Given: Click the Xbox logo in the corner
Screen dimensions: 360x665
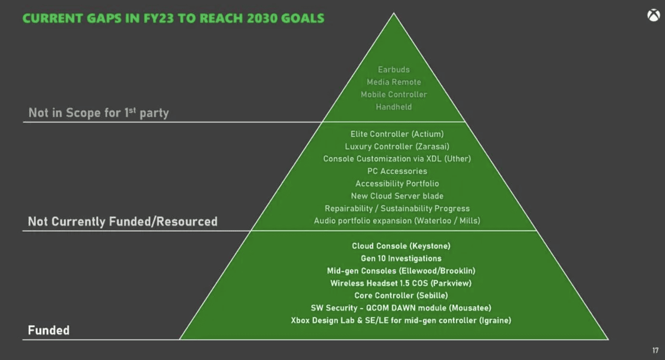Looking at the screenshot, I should click(x=653, y=16).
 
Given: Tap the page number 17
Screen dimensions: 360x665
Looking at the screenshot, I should click(x=655, y=350).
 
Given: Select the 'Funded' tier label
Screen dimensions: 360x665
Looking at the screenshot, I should click(x=49, y=330).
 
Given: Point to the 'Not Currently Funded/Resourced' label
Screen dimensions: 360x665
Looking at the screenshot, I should click(x=122, y=221).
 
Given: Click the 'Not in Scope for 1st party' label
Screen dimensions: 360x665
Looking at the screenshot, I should click(x=98, y=112).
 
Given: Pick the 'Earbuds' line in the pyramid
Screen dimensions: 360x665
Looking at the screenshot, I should click(x=393, y=70).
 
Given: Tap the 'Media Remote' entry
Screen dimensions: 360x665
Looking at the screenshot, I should click(x=393, y=82).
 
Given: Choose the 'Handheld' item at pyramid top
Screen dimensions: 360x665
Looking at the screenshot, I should click(x=393, y=107).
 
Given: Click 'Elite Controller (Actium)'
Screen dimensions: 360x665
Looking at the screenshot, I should click(x=396, y=134).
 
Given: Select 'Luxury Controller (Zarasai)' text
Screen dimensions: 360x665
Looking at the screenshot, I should click(x=396, y=146).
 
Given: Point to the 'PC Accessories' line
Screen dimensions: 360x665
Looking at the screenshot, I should click(x=396, y=171).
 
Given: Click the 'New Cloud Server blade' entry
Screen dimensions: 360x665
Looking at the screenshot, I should click(x=396, y=196).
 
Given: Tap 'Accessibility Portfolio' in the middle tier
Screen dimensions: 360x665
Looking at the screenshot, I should click(x=396, y=184).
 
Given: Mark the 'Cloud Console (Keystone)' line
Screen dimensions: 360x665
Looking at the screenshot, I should click(x=401, y=246).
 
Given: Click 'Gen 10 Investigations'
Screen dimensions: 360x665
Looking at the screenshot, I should click(x=401, y=258).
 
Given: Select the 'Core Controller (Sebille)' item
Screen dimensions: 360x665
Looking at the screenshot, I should click(x=401, y=296).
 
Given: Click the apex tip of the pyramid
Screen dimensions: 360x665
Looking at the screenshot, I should click(x=393, y=14).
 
